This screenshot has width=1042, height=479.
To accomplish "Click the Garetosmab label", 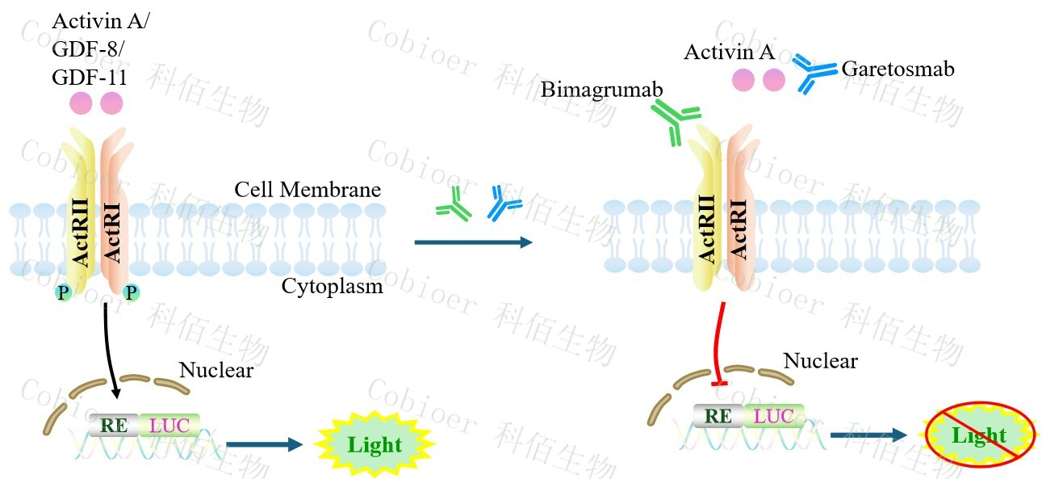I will pos(898,69).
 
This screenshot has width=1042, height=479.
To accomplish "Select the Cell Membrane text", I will pos(308,190).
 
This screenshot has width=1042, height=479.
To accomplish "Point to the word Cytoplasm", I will pos(332,286).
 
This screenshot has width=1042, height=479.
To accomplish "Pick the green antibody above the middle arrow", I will pos(454,204).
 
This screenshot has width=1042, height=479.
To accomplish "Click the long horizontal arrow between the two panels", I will pos(473,242).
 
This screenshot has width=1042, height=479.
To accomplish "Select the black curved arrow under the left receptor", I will pos(111,347).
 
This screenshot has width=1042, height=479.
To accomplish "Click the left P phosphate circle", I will pos(63,292).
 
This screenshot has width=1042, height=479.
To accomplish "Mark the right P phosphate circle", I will pos(130,292).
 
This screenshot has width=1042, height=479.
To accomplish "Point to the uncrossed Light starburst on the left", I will pos(374,444).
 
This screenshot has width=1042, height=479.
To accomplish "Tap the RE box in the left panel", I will pos(113,424).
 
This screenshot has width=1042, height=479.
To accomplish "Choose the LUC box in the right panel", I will pos(773,416).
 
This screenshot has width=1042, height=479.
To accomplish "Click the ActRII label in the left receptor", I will pos(82,229).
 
